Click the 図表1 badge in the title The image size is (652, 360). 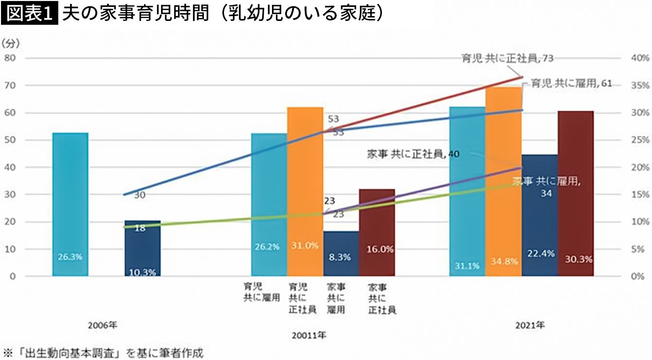pos(30,13)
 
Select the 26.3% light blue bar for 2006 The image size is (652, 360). pos(70,204)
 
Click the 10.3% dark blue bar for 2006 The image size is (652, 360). pos(142,248)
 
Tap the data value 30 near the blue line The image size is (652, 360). pos(140,195)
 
